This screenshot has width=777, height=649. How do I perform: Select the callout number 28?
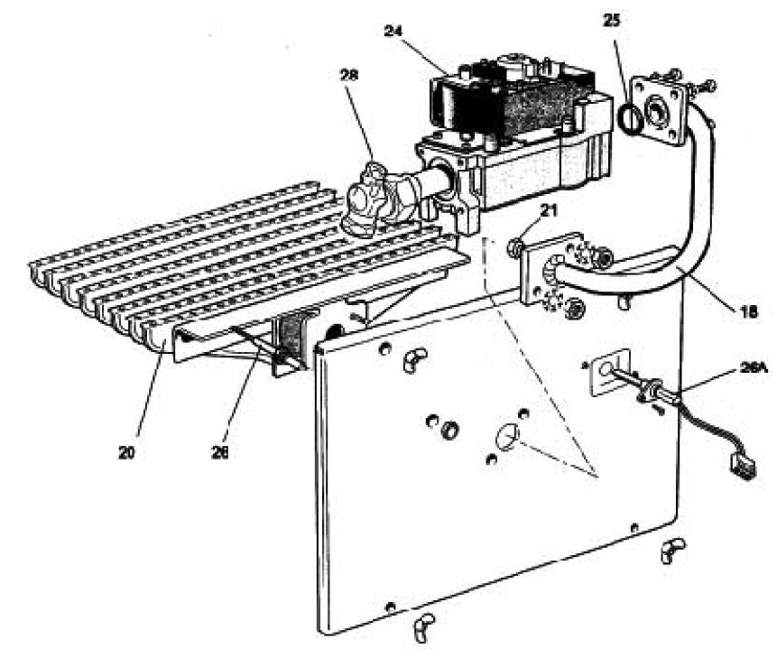coord(348,76)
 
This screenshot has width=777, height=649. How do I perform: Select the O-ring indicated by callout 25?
coord(632,118)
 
